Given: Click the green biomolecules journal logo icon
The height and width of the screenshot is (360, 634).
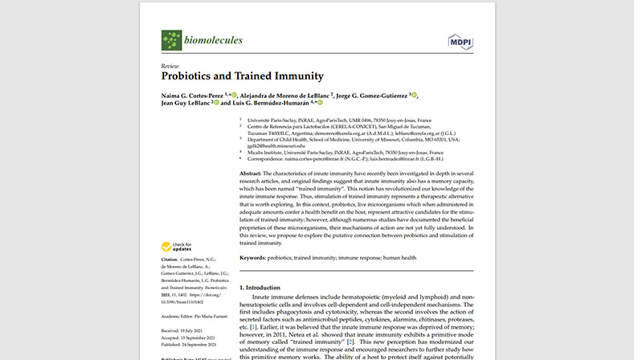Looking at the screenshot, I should click(x=171, y=40).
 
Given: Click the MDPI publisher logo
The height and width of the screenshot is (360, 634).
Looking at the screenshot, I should click(x=460, y=41).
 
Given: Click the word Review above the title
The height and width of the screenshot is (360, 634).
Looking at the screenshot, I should click(x=170, y=65).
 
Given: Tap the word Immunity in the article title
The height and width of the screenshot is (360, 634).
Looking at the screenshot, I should click(x=295, y=76).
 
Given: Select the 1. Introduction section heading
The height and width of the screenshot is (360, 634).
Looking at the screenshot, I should click(x=269, y=287).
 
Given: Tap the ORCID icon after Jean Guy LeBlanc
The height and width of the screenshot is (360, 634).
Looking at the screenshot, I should click(x=215, y=104).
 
